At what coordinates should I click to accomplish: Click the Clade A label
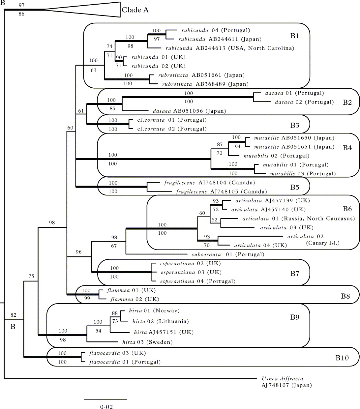coord(135,10)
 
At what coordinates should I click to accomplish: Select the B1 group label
coord(294,36)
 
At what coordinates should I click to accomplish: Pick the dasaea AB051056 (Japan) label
coord(189,111)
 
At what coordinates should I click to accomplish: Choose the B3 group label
coord(294,125)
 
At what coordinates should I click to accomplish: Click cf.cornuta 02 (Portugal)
coord(172,129)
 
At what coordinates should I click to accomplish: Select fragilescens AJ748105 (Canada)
coord(221,191)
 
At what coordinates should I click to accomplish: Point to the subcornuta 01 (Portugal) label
coord(228,254)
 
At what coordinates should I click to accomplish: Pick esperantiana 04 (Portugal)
coord(198,281)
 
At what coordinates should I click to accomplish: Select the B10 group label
coord(342,357)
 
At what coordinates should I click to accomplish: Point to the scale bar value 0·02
coord(106,407)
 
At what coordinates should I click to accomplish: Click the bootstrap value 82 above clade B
coord(13,315)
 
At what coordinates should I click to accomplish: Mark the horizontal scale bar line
coord(105,399)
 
